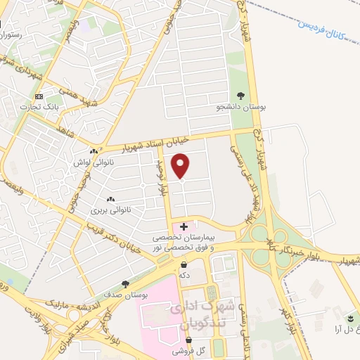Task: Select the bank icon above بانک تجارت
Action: coord(39,96)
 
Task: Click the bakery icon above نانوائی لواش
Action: coord(94,151)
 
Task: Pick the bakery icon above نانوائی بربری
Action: coord(110,199)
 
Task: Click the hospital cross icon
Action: coord(184,226)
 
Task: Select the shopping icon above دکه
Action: coord(184,265)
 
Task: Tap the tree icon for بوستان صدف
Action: coord(125,284)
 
